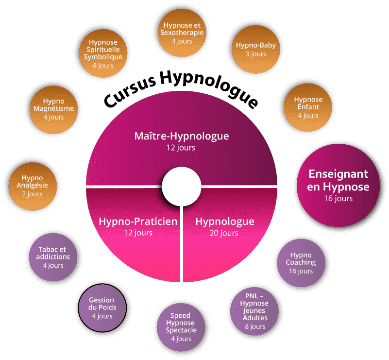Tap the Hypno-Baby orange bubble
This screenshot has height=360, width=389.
click(x=255, y=49)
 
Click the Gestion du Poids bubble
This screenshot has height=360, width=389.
click(x=101, y=308)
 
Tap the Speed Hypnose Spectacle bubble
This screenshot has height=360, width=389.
click(x=181, y=326)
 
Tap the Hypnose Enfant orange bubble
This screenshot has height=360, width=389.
click(x=308, y=107)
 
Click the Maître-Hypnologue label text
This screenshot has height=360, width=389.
click(x=181, y=136)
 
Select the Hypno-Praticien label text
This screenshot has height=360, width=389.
click(x=138, y=222)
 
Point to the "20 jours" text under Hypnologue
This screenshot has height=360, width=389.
click(x=224, y=233)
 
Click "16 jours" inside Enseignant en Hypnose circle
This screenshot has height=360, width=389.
click(x=338, y=198)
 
